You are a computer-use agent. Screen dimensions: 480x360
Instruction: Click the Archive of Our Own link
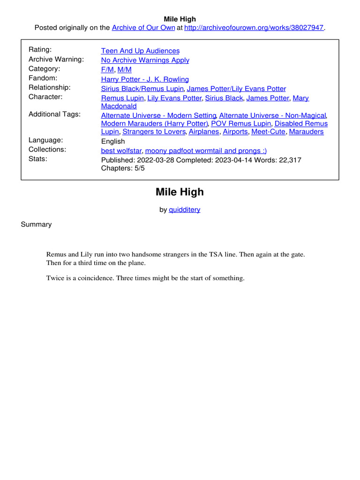click(143, 28)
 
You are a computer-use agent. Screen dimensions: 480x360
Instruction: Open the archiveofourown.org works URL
click(254, 28)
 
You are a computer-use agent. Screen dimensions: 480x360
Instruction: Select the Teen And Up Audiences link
click(140, 51)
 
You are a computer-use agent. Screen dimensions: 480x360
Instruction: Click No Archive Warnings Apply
click(145, 60)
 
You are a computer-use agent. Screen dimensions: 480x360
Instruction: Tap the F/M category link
click(107, 69)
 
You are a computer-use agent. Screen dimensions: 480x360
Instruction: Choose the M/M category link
click(125, 69)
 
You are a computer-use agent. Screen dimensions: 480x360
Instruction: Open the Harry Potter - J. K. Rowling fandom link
click(145, 79)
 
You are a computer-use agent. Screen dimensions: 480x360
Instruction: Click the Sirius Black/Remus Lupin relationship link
click(142, 89)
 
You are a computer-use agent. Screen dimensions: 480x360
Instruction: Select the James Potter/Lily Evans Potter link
click(236, 89)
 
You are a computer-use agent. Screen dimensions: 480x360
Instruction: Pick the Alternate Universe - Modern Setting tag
click(158, 115)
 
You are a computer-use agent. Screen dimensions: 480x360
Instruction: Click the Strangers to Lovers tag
click(153, 132)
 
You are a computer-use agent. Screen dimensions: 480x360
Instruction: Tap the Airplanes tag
click(203, 132)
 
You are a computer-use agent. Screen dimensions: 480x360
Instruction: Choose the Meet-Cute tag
click(268, 132)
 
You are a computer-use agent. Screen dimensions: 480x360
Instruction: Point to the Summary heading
click(36, 224)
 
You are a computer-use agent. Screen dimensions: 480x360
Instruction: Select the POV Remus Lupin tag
click(240, 123)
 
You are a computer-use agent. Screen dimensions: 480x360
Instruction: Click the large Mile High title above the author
click(180, 192)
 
